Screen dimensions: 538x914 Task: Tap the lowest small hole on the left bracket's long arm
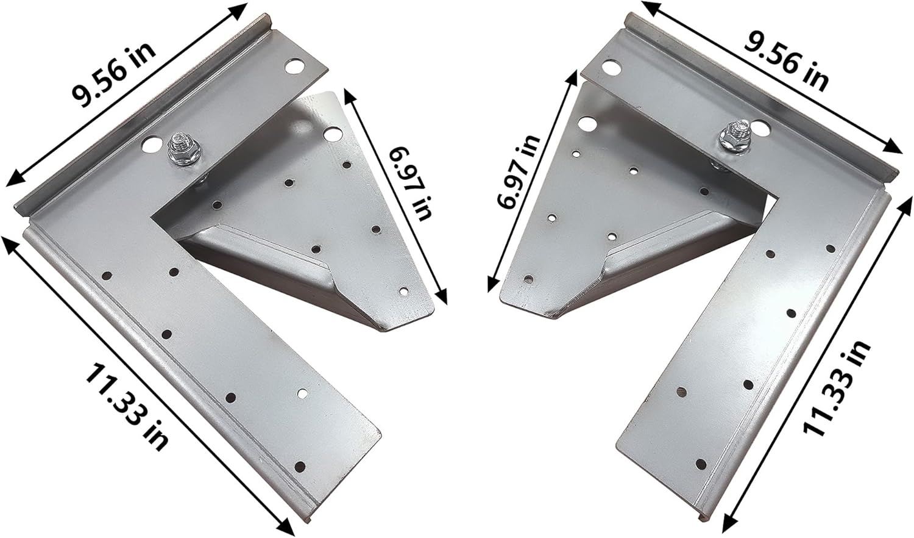pos(299,467)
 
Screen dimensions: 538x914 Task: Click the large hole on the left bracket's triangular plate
pos(331,132)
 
